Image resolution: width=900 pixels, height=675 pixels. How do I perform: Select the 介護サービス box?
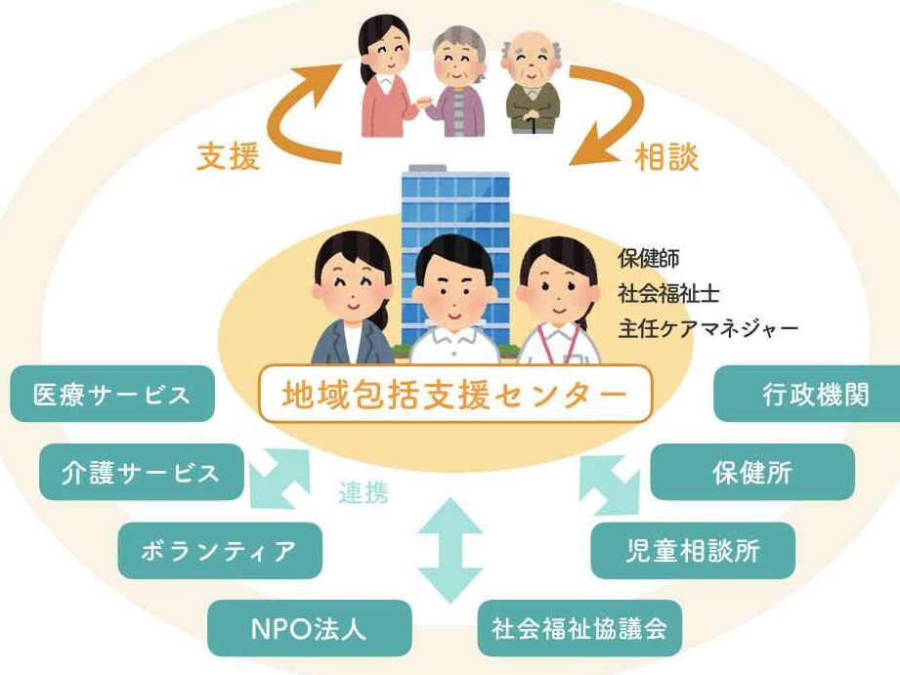tap(141, 473)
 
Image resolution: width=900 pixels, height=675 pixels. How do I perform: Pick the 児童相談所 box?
tap(693, 550)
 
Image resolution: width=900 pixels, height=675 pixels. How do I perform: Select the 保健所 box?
tap(751, 473)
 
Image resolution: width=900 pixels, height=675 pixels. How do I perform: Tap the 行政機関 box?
tap(806, 395)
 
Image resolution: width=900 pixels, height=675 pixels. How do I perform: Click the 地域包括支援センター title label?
tap(454, 395)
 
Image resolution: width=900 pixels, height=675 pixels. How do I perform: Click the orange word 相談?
tap(667, 157)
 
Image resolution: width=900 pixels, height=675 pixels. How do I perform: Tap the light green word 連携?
tap(364, 493)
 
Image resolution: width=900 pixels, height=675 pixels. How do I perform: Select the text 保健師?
tap(649, 259)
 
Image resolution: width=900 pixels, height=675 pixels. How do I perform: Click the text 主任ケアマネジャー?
tap(707, 327)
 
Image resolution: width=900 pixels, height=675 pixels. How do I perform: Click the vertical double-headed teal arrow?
tap(450, 551)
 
